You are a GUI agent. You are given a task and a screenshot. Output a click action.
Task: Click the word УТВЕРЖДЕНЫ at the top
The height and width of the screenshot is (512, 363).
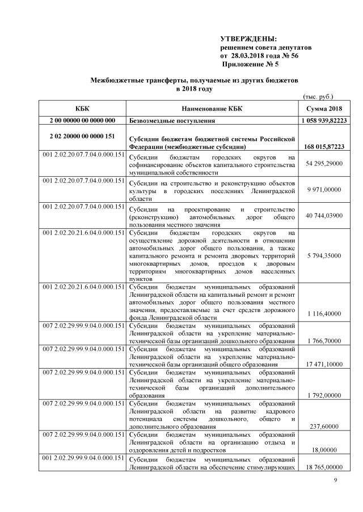[x=248, y=39]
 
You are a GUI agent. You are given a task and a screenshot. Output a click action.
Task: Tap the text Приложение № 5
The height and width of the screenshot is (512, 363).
[x=251, y=66]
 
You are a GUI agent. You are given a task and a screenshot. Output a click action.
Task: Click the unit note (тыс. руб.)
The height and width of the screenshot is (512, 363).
[x=319, y=97]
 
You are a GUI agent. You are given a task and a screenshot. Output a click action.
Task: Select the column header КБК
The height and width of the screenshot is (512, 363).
[x=82, y=109]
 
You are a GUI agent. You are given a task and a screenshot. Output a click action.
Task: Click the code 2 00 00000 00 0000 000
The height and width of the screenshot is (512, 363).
[x=82, y=121]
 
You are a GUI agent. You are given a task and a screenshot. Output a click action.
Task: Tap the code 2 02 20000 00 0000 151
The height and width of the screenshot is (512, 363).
[x=82, y=136]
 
